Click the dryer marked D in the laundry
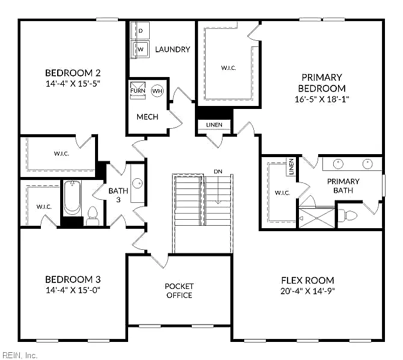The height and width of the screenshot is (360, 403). click(x=140, y=30)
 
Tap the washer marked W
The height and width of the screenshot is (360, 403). click(x=140, y=49)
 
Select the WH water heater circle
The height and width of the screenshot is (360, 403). click(x=158, y=91)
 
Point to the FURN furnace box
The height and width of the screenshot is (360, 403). click(x=138, y=90)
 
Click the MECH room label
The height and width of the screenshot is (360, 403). click(x=147, y=117)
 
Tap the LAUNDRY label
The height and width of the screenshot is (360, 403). click(x=173, y=49)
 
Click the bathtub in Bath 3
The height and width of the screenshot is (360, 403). click(x=72, y=197)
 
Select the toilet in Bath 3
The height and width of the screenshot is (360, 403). click(x=93, y=216)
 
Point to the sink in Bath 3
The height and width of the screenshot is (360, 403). click(x=138, y=183)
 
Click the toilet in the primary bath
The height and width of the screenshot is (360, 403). click(x=348, y=215)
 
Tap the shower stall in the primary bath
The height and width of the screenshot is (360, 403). click(x=317, y=218)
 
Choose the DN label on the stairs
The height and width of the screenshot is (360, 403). click(x=218, y=172)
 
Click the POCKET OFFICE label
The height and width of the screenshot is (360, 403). click(x=179, y=291)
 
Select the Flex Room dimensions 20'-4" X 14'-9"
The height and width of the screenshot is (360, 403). click(x=307, y=291)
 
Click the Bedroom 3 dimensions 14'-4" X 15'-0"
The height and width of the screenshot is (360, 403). click(x=73, y=290)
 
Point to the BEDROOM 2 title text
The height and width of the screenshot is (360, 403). click(x=73, y=73)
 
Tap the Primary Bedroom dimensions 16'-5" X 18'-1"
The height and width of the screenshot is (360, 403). click(x=322, y=99)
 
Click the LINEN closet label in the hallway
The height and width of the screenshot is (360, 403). click(x=214, y=125)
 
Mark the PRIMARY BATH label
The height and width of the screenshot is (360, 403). click(x=343, y=186)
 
